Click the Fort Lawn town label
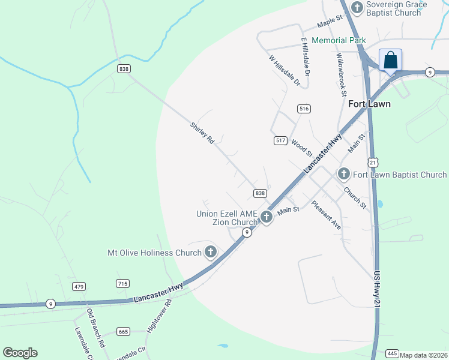click(x=369, y=104)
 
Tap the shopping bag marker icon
click(x=390, y=61)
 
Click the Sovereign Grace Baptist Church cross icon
click(x=357, y=7)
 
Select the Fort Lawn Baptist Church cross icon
click(x=343, y=175)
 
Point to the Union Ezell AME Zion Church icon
click(x=265, y=218)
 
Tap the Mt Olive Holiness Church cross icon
click(x=211, y=253)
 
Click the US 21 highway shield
click(x=373, y=163)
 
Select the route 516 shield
click(x=304, y=109)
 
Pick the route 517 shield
click(x=280, y=140)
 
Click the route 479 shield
click(x=79, y=286)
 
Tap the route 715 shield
click(x=123, y=283)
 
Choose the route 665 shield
click(x=124, y=331)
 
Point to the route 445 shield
click(x=393, y=353)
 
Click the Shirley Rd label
click(x=202, y=133)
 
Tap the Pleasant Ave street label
click(x=326, y=215)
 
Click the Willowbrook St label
click(x=342, y=75)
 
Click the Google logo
click(x=20, y=353)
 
